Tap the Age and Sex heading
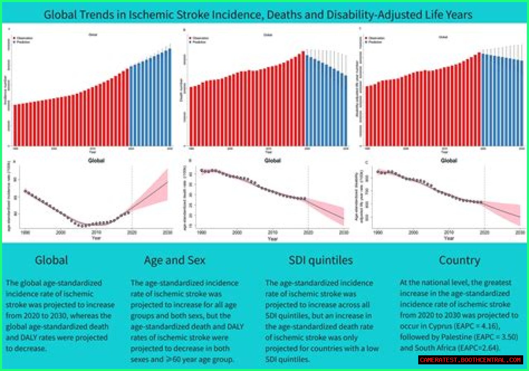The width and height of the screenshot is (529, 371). (174, 260)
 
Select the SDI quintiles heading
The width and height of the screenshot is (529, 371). (321, 260)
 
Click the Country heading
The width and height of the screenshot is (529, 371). (460, 260)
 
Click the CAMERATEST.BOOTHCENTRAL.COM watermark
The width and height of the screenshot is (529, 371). (470, 360)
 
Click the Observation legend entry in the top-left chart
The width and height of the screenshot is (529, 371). (24, 38)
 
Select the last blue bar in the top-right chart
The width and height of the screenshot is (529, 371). (522, 103)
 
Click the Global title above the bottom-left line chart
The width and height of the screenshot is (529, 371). (96, 160)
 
